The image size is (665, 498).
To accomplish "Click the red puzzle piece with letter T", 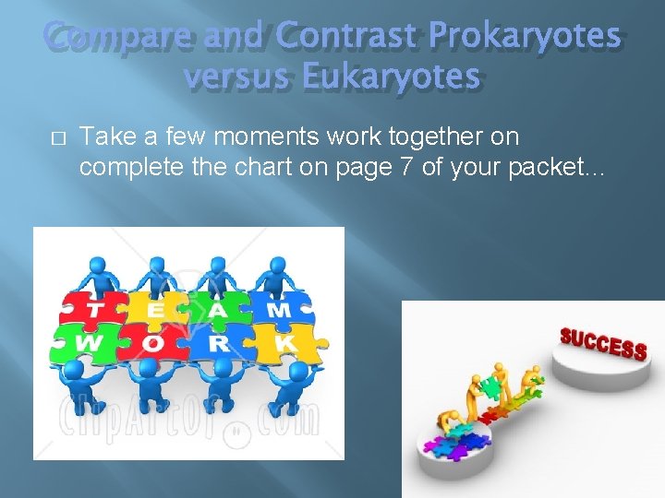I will tap(94, 309).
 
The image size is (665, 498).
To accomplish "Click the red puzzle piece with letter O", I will tap(155, 342).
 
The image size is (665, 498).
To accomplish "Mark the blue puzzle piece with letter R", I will tap(220, 342).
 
